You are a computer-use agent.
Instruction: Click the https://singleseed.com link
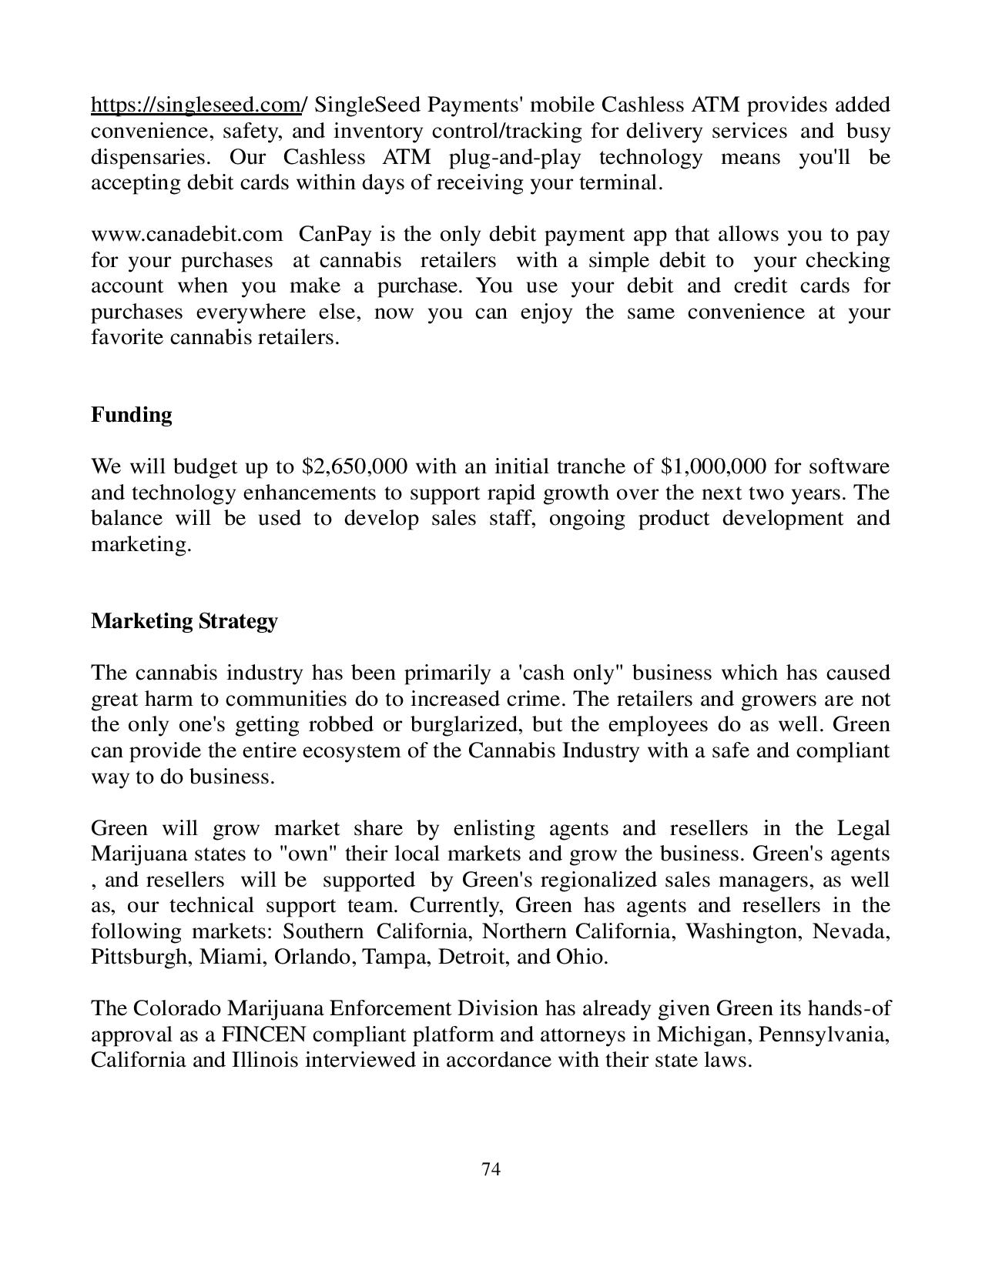[x=196, y=105]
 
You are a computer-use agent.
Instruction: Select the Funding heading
[x=132, y=415]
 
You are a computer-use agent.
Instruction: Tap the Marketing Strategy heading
[x=184, y=621]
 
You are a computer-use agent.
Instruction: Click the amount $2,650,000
[x=355, y=467]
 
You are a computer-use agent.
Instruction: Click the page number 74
[x=491, y=1170]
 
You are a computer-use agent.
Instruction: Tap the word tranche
[x=589, y=467]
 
